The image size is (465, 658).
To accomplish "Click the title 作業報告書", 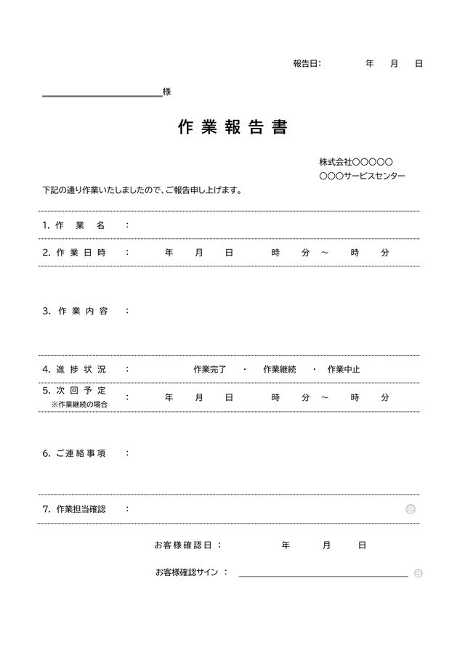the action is click(x=232, y=127).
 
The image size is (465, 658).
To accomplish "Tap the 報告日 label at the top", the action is click(x=306, y=64).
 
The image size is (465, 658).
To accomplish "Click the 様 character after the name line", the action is click(x=167, y=92).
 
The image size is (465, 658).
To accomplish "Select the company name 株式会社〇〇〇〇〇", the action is click(x=356, y=162).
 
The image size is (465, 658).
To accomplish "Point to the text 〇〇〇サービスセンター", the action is click(x=363, y=176).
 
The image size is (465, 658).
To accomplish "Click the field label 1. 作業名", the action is click(x=73, y=225).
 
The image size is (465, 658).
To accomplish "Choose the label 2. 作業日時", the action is click(x=74, y=253).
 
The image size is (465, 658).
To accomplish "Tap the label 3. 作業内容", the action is click(x=75, y=311).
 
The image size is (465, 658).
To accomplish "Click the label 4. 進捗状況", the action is click(x=74, y=369).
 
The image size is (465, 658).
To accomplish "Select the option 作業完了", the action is click(x=210, y=369).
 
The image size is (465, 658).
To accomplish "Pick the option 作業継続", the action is click(x=280, y=369).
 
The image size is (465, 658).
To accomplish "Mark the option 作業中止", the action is click(x=344, y=369).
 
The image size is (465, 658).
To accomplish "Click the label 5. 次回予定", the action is click(x=74, y=391).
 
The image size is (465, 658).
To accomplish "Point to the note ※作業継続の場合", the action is click(x=79, y=405).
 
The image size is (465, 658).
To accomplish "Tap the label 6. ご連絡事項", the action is click(x=74, y=453).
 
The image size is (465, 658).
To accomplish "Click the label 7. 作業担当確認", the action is click(x=74, y=509).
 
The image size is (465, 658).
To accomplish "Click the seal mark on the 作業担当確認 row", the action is click(x=411, y=509).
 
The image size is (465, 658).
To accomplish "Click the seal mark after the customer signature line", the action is click(x=418, y=574).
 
